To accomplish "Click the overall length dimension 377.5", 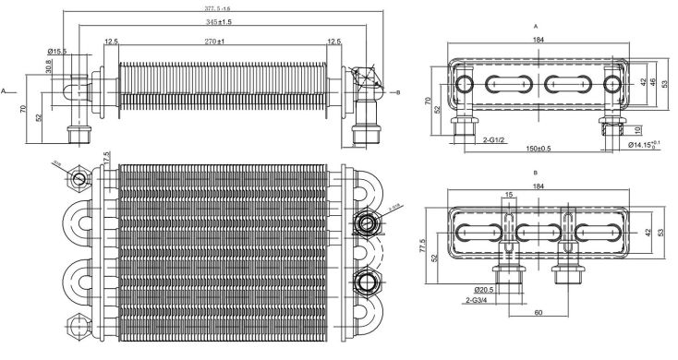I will [218, 8].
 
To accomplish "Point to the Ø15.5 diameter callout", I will [58, 52].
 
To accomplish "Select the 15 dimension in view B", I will [509, 195].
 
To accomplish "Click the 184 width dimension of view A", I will [539, 40].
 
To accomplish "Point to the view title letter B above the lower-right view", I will [537, 173].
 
